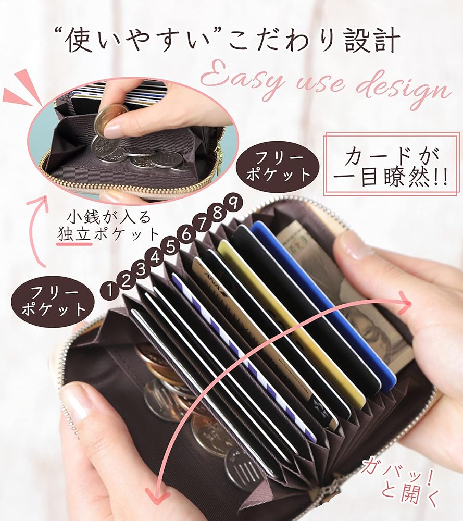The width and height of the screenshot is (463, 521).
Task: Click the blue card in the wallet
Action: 323,302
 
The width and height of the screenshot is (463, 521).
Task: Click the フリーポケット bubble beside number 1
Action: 53,302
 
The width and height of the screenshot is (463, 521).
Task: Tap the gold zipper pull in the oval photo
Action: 218,156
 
